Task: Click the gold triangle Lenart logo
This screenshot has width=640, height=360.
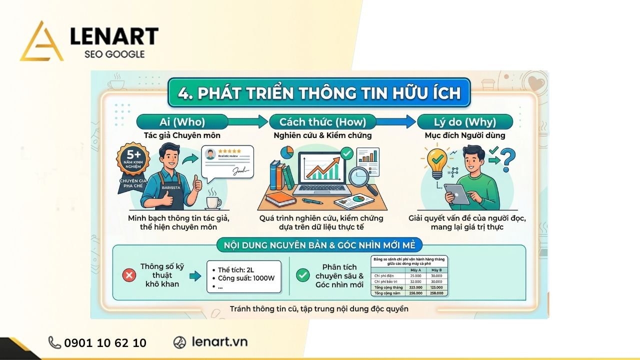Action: [41, 42]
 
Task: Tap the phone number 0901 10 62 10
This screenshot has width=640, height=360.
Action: [105, 342]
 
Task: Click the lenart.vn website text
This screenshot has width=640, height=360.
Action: [219, 342]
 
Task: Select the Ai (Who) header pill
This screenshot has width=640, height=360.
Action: [182, 121]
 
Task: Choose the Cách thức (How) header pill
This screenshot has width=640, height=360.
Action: [322, 121]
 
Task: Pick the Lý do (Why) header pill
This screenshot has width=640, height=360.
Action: [464, 121]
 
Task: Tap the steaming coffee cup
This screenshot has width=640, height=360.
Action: [213, 201]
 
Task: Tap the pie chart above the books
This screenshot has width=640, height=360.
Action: [286, 152]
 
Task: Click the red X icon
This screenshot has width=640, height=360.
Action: [129, 274]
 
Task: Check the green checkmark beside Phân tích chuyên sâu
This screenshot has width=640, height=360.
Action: [302, 274]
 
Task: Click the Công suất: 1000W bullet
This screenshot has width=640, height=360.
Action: [246, 278]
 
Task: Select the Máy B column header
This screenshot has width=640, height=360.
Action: [435, 270]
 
